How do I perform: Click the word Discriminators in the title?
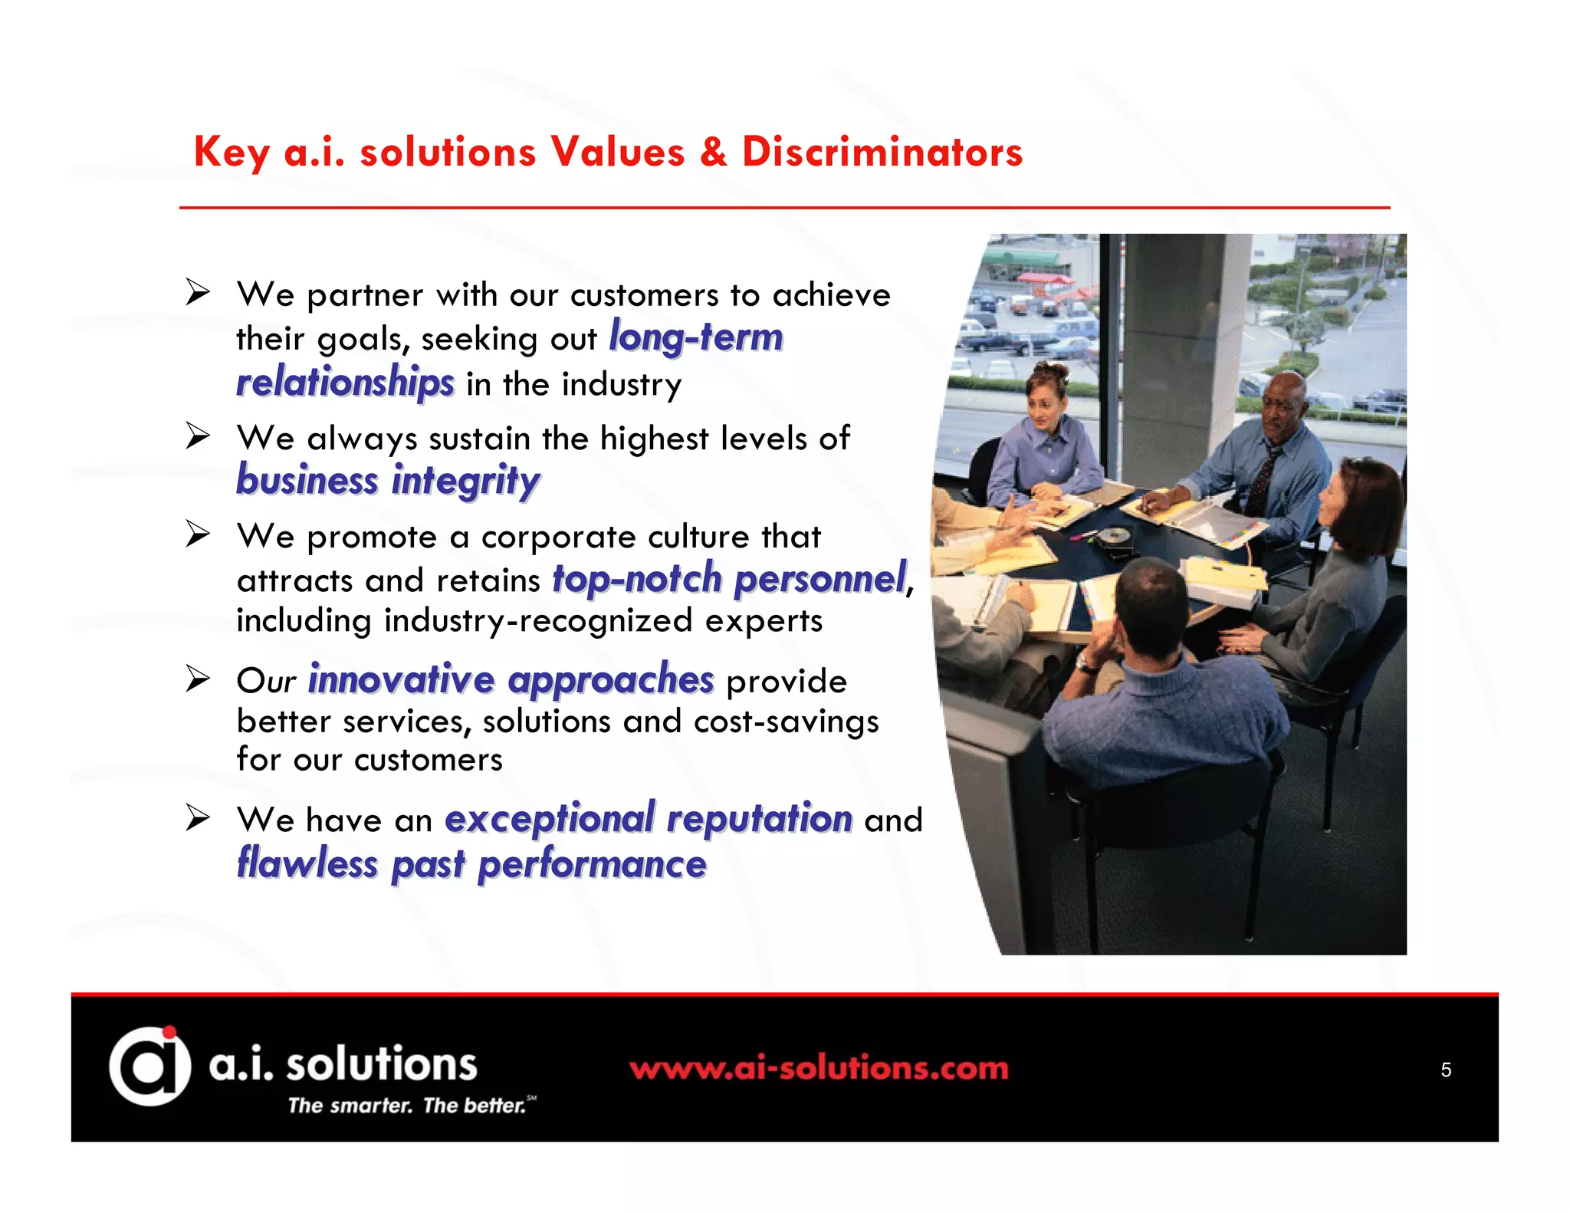coord(882,152)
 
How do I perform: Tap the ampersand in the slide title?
coord(713,152)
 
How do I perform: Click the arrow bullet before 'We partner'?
coord(198,292)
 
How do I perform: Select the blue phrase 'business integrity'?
coord(388,481)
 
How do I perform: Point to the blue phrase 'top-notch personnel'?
coord(729,579)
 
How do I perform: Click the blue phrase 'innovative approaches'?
coord(511,679)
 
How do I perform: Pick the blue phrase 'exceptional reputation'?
coord(649,818)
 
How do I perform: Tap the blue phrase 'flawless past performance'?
coord(471,863)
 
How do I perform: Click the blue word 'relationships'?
coord(345,382)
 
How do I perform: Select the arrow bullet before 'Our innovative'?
coord(198,679)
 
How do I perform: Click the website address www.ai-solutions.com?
coord(819,1068)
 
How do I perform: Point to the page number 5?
coord(1446,1070)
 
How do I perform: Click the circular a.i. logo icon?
coord(149,1066)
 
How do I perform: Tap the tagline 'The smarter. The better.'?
coord(407,1106)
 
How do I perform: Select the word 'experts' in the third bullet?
coord(764,620)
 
